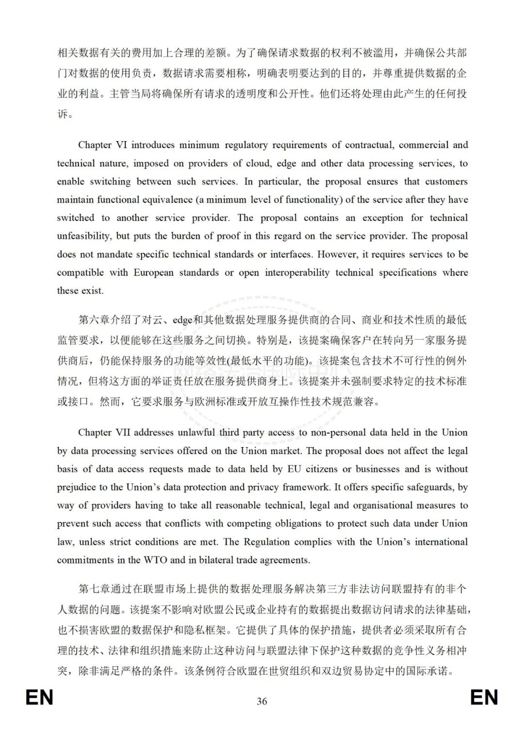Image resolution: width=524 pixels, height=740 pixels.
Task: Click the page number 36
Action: click(x=262, y=701)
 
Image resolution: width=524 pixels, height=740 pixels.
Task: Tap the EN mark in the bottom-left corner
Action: click(x=39, y=698)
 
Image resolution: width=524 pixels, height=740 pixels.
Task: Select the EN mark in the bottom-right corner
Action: click(x=484, y=698)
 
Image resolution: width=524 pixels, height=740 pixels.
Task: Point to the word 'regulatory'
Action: click(x=246, y=145)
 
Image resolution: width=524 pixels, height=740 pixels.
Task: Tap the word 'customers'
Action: click(x=446, y=181)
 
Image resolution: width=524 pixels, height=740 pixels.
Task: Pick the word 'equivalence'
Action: click(x=165, y=200)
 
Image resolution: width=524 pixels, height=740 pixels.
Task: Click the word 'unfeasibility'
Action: click(x=83, y=236)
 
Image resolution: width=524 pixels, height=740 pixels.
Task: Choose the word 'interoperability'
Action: click(x=297, y=273)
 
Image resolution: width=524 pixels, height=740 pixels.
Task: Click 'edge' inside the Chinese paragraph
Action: click(x=182, y=320)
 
